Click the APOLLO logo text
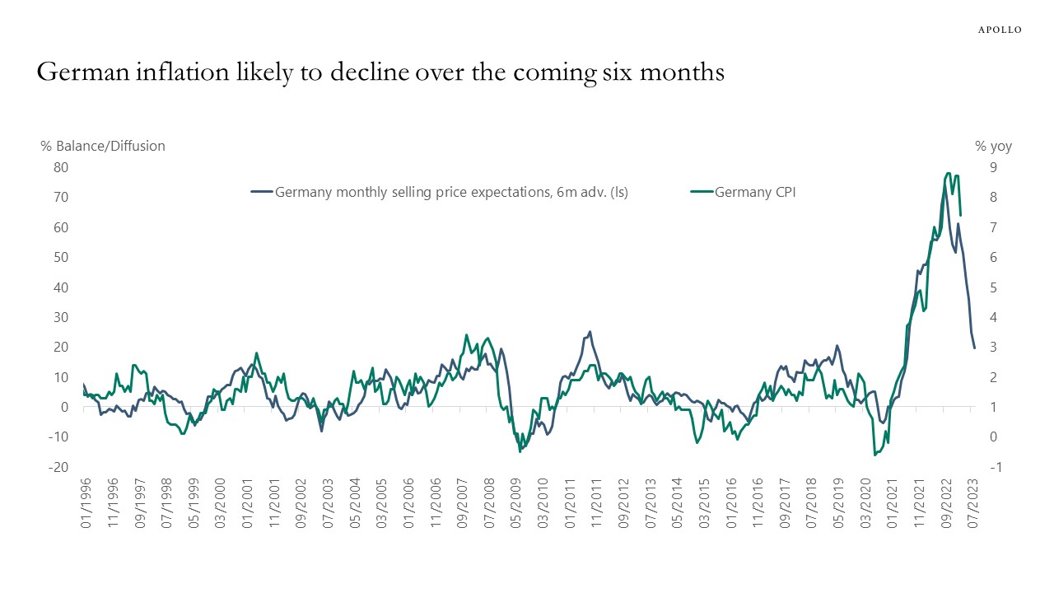[999, 30]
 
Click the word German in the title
[82, 73]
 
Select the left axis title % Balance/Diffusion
[103, 146]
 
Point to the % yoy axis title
[993, 146]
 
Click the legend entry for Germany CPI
[755, 192]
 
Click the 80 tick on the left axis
[60, 167]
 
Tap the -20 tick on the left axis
[58, 467]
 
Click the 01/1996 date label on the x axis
[85, 504]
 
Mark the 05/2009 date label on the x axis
[516, 504]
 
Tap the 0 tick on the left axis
[63, 407]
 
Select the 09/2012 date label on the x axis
[624, 504]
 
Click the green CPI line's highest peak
[949, 174]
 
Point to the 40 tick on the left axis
[60, 287]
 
